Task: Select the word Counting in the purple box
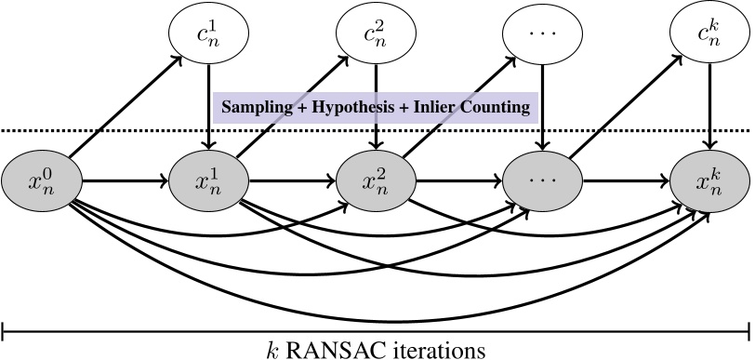point(495,108)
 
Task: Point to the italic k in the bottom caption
point(268,349)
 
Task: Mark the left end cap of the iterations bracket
point(5,328)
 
